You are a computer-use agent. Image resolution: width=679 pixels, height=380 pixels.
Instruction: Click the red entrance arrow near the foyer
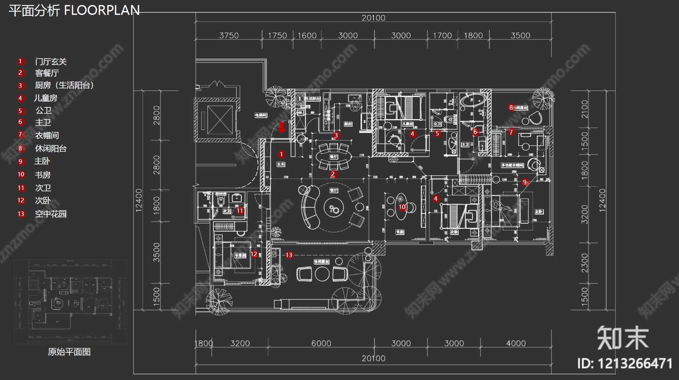tap(281, 127)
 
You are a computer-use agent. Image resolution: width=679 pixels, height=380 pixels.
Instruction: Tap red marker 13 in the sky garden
tap(289, 255)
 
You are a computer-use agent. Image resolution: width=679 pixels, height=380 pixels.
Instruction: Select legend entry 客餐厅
tap(47, 73)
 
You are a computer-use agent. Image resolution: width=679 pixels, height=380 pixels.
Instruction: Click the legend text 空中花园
tap(51, 214)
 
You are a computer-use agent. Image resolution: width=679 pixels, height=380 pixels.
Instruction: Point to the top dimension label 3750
tap(229, 36)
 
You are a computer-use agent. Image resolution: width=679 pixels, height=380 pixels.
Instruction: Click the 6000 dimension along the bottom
tap(321, 343)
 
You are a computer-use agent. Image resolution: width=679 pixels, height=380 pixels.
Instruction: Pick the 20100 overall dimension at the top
tap(373, 18)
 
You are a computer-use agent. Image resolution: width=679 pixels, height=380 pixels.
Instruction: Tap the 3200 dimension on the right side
tap(585, 214)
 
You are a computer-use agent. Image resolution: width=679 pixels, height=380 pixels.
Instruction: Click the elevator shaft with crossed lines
tap(219, 120)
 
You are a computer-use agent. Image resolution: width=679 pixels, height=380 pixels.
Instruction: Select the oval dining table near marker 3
tap(334, 157)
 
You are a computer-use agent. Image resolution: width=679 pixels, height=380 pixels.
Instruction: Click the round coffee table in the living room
tap(334, 208)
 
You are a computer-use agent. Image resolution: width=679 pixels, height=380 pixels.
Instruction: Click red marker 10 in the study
tap(402, 207)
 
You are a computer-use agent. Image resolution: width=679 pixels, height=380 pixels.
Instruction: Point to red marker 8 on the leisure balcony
tap(511, 107)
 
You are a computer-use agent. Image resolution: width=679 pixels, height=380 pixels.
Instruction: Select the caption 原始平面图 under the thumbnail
tap(69, 352)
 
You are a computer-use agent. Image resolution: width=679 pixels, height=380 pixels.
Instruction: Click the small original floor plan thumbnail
tap(70, 302)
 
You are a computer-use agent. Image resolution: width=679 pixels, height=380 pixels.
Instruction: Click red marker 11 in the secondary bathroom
tap(240, 211)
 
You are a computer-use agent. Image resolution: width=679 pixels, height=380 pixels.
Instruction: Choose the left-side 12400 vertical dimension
tap(139, 200)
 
